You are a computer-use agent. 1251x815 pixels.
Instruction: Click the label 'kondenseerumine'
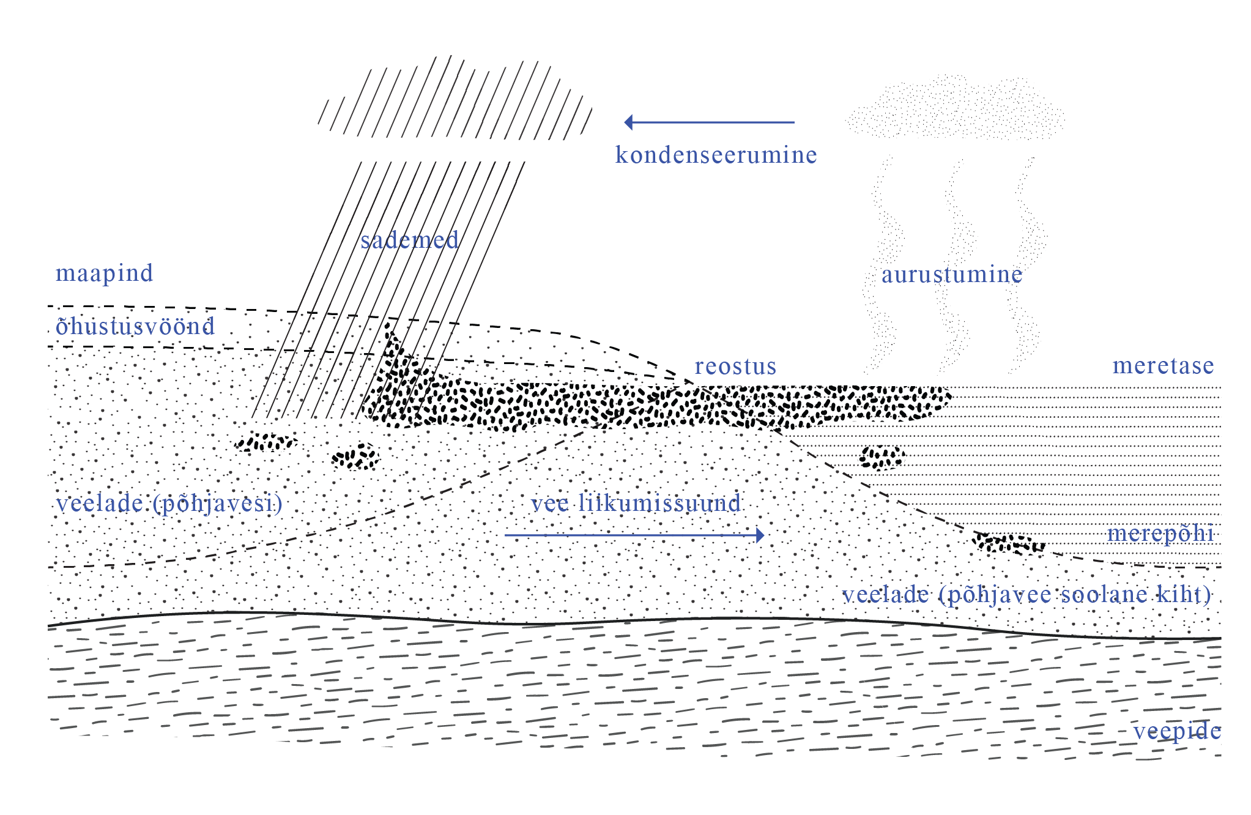point(716,155)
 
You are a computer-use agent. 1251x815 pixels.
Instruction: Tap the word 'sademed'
point(409,240)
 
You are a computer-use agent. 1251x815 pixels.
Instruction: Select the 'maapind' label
point(104,273)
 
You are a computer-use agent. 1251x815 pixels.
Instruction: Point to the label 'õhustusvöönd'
point(135,327)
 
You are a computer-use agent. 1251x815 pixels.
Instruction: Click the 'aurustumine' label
point(951,275)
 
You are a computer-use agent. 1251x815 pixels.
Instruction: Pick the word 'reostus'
point(735,367)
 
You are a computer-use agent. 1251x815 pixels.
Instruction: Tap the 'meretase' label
point(1163,366)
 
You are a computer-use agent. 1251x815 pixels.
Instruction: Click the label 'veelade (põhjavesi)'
point(169,504)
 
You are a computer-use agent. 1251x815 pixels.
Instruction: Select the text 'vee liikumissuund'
point(636,504)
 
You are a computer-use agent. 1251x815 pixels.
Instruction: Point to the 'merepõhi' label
point(1160,534)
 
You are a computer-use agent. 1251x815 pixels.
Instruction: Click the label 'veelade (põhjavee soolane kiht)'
point(1026,595)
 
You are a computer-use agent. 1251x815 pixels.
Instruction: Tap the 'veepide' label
point(1177,731)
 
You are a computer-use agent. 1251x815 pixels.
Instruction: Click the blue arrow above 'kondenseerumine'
point(710,122)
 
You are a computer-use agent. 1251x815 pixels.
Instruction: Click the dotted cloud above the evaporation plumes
point(954,109)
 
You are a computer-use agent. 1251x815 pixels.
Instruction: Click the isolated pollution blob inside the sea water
point(881,457)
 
